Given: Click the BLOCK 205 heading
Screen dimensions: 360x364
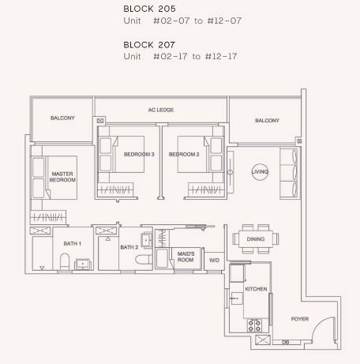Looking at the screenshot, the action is pyautogui.click(x=149, y=9).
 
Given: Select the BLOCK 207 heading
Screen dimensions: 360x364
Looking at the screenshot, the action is pyautogui.click(x=149, y=45).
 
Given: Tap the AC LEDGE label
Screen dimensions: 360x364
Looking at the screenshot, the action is pyautogui.click(x=161, y=110).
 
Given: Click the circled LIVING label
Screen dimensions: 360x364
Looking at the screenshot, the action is pyautogui.click(x=260, y=172).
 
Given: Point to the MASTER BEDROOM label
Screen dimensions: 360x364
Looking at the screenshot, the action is pyautogui.click(x=62, y=177).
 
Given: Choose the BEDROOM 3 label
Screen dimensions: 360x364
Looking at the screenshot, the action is pyautogui.click(x=139, y=154).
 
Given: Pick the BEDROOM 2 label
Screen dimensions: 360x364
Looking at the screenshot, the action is pyautogui.click(x=184, y=154).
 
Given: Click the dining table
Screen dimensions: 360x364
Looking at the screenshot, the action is pyautogui.click(x=256, y=239).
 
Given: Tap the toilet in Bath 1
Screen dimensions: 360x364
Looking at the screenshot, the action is pyautogui.click(x=65, y=261).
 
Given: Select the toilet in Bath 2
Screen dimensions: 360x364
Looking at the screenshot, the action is pyautogui.click(x=144, y=260).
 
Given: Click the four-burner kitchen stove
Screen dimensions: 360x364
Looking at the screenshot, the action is pyautogui.click(x=254, y=325).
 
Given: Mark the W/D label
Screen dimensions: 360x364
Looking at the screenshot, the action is pyautogui.click(x=214, y=261).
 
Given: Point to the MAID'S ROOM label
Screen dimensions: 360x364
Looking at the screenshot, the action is pyautogui.click(x=186, y=257).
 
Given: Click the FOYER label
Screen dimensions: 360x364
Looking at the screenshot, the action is pyautogui.click(x=300, y=319).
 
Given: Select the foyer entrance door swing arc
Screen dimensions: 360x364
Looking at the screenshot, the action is pyautogui.click(x=319, y=323).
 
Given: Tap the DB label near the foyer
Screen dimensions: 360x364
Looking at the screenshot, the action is pyautogui.click(x=286, y=343).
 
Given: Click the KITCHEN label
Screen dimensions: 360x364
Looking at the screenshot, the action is pyautogui.click(x=256, y=289).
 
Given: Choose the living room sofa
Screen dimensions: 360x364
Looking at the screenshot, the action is pyautogui.click(x=290, y=172).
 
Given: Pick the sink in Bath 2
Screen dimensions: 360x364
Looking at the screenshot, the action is pyautogui.click(x=147, y=240).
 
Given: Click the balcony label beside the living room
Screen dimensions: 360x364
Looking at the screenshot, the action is pyautogui.click(x=267, y=121).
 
